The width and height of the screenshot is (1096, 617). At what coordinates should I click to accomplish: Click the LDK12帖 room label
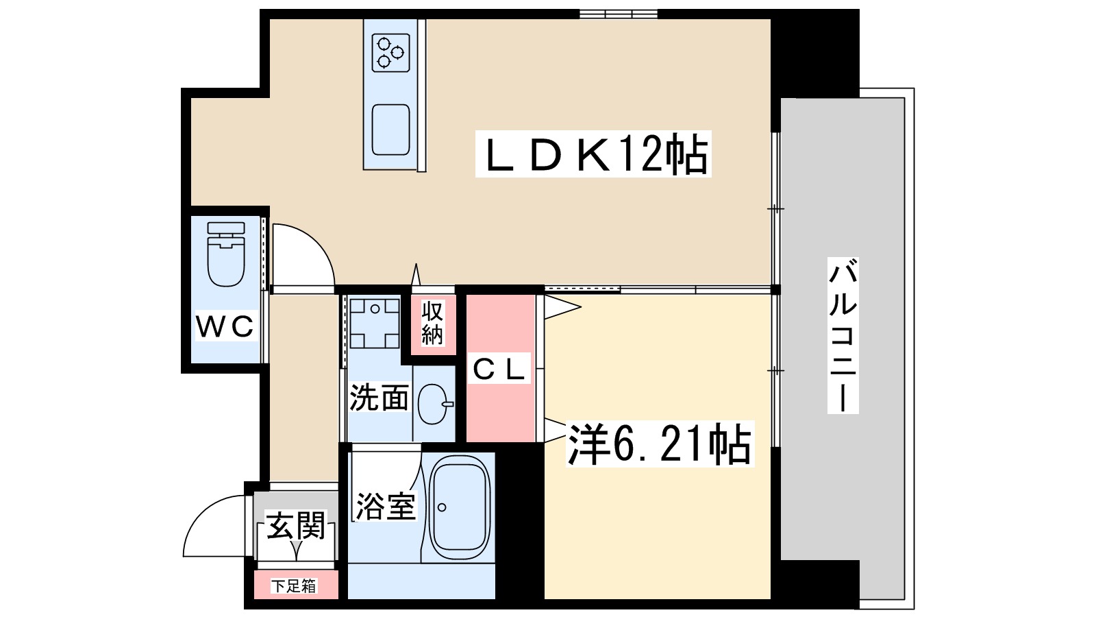click(x=593, y=154)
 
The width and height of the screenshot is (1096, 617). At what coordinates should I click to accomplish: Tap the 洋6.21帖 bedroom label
click(x=659, y=444)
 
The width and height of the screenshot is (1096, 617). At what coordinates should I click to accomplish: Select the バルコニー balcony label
click(x=843, y=336)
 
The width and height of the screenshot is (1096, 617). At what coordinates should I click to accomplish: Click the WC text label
click(x=225, y=326)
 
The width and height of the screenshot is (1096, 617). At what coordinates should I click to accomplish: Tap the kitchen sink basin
click(x=390, y=130)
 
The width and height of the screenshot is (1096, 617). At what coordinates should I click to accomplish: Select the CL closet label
click(x=500, y=370)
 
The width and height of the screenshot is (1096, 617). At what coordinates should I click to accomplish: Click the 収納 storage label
click(x=432, y=323)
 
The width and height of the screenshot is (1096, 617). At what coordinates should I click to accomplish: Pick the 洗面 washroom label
click(x=379, y=398)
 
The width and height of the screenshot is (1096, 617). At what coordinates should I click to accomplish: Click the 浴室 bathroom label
click(x=385, y=506)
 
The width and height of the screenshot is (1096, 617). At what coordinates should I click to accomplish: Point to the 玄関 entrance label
click(x=295, y=525)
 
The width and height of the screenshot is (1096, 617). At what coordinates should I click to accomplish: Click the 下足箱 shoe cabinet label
click(x=294, y=586)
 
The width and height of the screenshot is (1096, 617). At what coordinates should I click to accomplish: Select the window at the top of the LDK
click(x=618, y=14)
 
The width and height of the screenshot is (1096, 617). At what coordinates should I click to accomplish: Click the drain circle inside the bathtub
click(x=442, y=507)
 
